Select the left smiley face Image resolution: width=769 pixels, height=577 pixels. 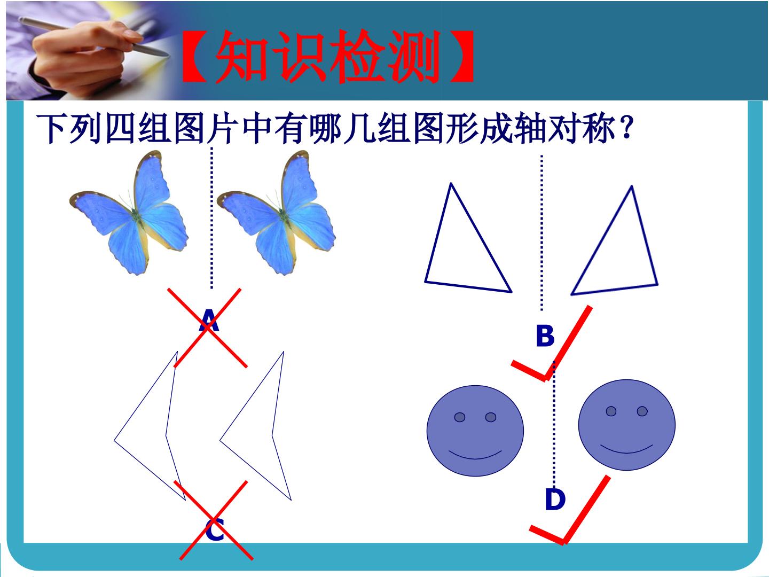tap(475, 431)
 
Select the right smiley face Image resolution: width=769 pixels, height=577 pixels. tap(627, 425)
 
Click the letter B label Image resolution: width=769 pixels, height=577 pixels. tap(545, 336)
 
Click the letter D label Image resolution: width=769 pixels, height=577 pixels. tap(555, 500)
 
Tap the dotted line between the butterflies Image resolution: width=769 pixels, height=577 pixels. tap(211, 218)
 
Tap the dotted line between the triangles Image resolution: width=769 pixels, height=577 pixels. tap(542, 233)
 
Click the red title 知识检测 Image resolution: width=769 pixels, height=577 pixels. tap(327, 56)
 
